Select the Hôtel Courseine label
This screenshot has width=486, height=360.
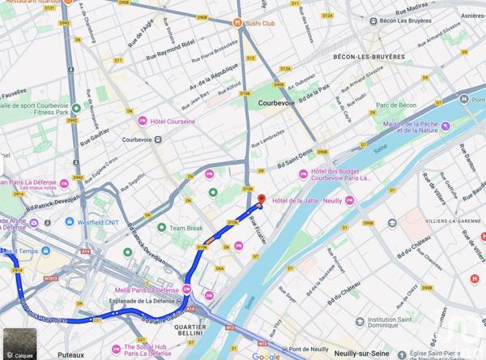173,122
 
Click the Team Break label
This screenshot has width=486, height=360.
185,229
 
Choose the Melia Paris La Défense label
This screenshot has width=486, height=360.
147,289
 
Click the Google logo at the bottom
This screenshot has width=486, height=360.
266,355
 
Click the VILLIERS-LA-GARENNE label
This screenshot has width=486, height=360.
445,220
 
